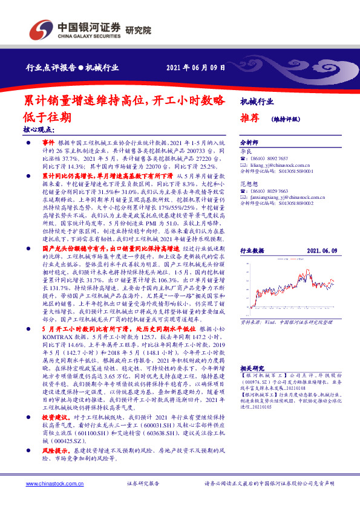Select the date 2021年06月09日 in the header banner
191,68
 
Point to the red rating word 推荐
249,118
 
